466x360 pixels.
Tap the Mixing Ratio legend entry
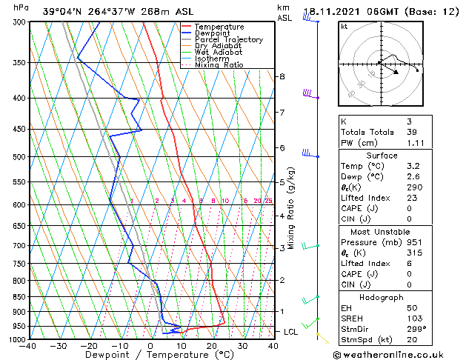coord(219,65)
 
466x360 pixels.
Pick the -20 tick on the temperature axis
coord(88,346)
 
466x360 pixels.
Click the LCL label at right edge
coord(292,332)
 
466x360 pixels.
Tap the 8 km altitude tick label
coord(282,76)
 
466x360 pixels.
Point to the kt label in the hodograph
coord(344,27)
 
